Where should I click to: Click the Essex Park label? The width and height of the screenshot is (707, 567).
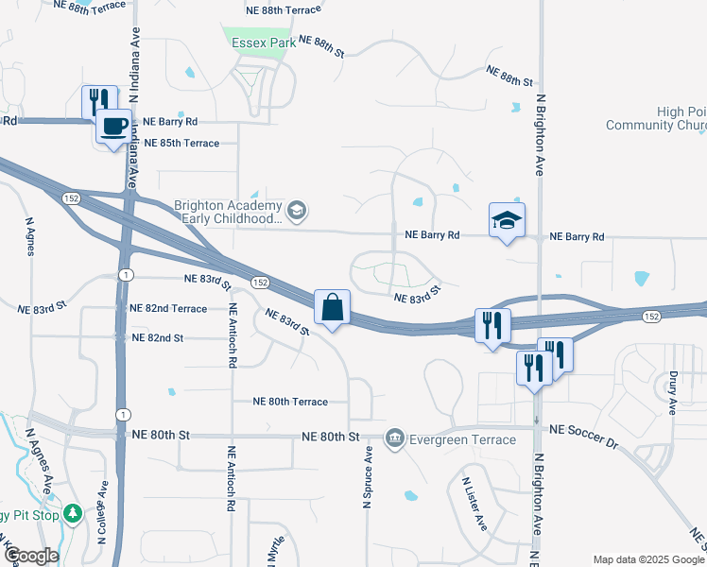tap(258, 43)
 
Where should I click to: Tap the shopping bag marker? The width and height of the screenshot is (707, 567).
tap(333, 308)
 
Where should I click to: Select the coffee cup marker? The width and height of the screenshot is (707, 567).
tap(114, 127)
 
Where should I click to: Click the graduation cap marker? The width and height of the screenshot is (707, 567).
tap(507, 221)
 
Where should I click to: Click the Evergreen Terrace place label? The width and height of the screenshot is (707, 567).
tap(456, 439)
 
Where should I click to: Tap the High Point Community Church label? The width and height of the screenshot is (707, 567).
tap(657, 119)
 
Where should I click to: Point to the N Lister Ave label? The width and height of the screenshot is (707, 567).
tap(474, 505)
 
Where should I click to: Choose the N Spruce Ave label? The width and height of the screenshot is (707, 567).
tap(368, 479)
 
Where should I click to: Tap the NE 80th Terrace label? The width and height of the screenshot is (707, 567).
tap(290, 402)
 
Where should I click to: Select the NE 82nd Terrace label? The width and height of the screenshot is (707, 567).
tap(168, 309)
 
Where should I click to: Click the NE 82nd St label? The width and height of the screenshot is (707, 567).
tap(157, 337)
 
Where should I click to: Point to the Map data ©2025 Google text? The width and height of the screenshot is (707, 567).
tap(648, 559)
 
